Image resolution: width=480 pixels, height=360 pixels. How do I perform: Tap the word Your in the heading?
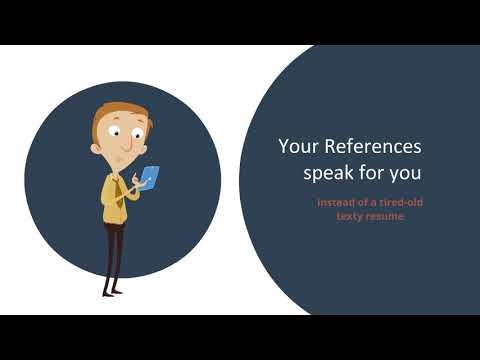pyautogui.click(x=296, y=148)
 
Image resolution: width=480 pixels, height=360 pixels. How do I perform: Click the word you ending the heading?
pyautogui.click(x=404, y=173)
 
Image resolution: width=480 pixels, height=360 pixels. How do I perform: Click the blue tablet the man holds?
pyautogui.click(x=148, y=177)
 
